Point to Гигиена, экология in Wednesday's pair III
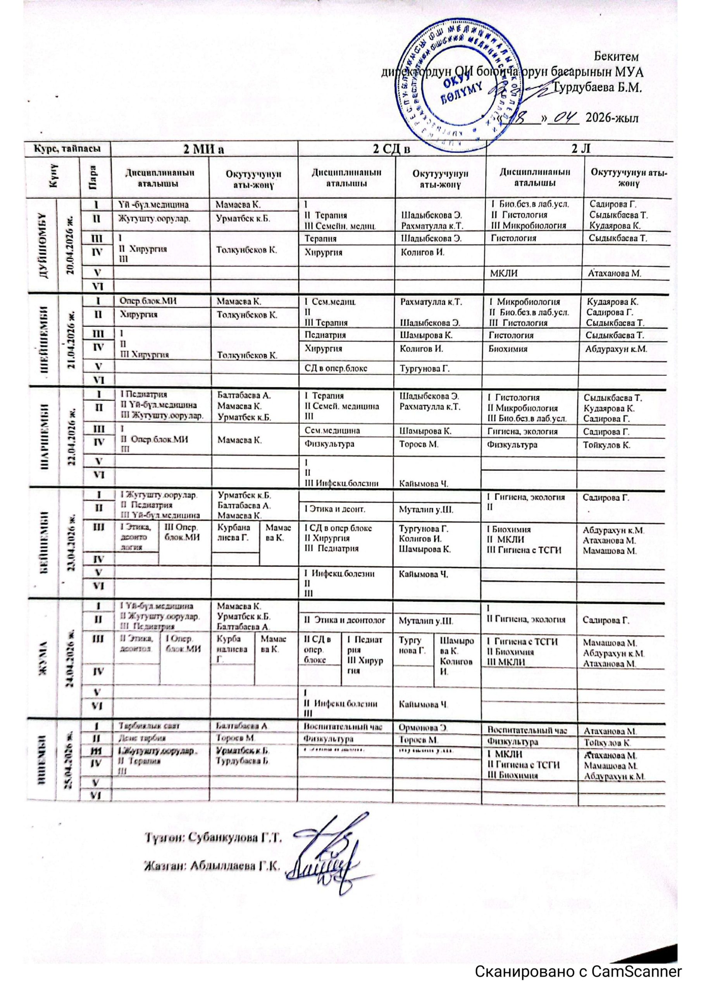522,431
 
